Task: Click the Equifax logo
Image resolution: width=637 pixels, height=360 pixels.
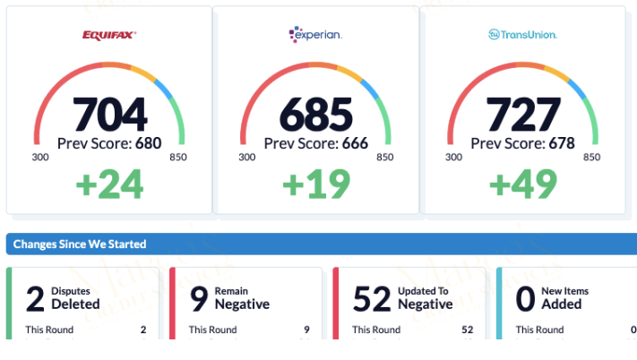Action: [109, 35]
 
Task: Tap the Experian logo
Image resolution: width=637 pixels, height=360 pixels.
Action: [315, 35]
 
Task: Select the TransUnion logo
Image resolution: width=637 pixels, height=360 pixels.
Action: [523, 35]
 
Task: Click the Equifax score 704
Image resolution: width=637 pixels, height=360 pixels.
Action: [109, 114]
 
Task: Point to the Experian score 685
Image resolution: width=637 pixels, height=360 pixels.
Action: [316, 114]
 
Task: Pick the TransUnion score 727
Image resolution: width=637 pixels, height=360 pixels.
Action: [523, 114]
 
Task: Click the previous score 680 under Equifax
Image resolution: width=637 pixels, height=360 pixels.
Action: [149, 143]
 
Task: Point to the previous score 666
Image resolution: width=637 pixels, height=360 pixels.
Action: [356, 143]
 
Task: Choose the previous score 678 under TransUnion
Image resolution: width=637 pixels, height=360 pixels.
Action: [563, 143]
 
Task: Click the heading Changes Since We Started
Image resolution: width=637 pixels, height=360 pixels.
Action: [81, 244]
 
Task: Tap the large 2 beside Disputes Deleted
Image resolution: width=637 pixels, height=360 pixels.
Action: [35, 297]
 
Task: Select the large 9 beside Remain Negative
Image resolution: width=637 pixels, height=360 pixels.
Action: [199, 297]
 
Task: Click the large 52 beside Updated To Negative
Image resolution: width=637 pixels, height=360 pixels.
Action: [373, 297]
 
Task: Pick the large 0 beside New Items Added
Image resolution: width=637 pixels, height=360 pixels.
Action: [526, 297]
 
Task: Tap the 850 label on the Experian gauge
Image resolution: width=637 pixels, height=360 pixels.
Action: [385, 157]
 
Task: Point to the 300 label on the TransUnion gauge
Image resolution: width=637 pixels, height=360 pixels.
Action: [454, 157]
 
